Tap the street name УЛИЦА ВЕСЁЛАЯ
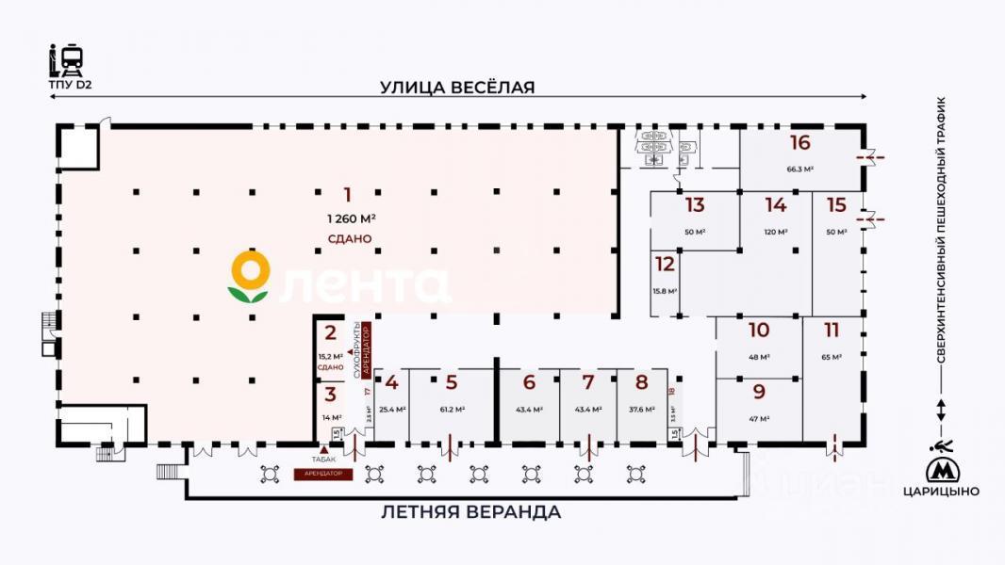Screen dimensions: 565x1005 [x=457, y=88]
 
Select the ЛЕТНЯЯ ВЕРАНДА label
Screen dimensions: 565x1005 [x=471, y=512]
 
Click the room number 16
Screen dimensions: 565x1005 [x=800, y=143]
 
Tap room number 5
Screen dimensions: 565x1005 [x=452, y=382]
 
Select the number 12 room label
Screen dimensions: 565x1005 [x=665, y=264]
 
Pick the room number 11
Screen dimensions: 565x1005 [x=831, y=331]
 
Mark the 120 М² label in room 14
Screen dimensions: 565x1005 [x=775, y=232]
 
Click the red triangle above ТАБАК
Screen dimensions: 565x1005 [x=324, y=449]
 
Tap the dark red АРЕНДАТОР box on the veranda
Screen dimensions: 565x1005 [x=324, y=474]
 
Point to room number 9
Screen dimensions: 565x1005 [x=759, y=393]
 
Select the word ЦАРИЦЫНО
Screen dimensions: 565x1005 [x=940, y=492]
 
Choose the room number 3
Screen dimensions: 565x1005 [x=330, y=395]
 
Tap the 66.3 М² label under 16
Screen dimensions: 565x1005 [x=800, y=169]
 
